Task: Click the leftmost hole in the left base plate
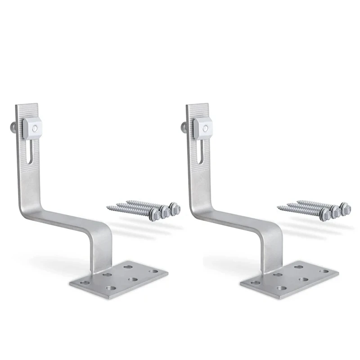coord(85,283)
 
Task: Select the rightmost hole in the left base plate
coord(154,271)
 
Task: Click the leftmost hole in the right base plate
coord(255,283)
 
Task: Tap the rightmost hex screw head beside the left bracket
coord(175,208)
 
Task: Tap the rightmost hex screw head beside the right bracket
coord(345,208)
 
